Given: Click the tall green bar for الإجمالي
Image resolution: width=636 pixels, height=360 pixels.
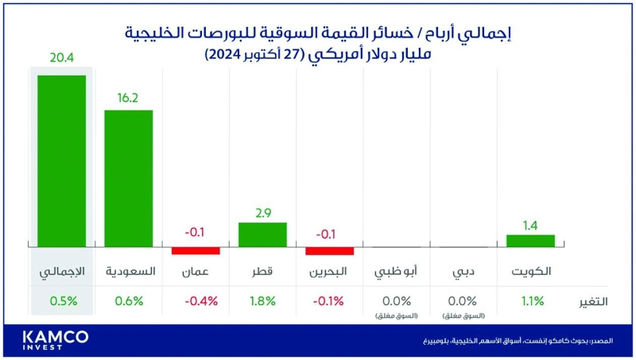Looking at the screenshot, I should [x=61, y=161].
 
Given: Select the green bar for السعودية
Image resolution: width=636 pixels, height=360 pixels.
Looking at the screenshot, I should [x=129, y=178].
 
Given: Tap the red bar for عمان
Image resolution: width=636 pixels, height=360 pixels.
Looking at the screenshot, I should [x=196, y=250].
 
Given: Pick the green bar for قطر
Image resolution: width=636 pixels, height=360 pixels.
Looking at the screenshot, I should [x=262, y=234].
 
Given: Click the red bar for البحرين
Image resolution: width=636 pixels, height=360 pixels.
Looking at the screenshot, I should [x=329, y=250].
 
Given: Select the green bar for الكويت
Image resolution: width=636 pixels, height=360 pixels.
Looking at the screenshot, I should [x=531, y=241].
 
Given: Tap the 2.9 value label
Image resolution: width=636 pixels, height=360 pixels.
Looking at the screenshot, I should [x=263, y=214].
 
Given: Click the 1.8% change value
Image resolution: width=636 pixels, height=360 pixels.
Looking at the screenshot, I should [x=262, y=301].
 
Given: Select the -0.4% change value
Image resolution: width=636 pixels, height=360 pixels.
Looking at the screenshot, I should [x=196, y=301].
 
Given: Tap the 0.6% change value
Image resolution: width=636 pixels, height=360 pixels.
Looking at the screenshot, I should [x=129, y=301].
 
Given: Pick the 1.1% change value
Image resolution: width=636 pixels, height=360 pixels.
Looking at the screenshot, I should [x=531, y=301].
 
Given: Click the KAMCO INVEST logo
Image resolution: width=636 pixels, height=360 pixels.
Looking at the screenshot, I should [x=56, y=340].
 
